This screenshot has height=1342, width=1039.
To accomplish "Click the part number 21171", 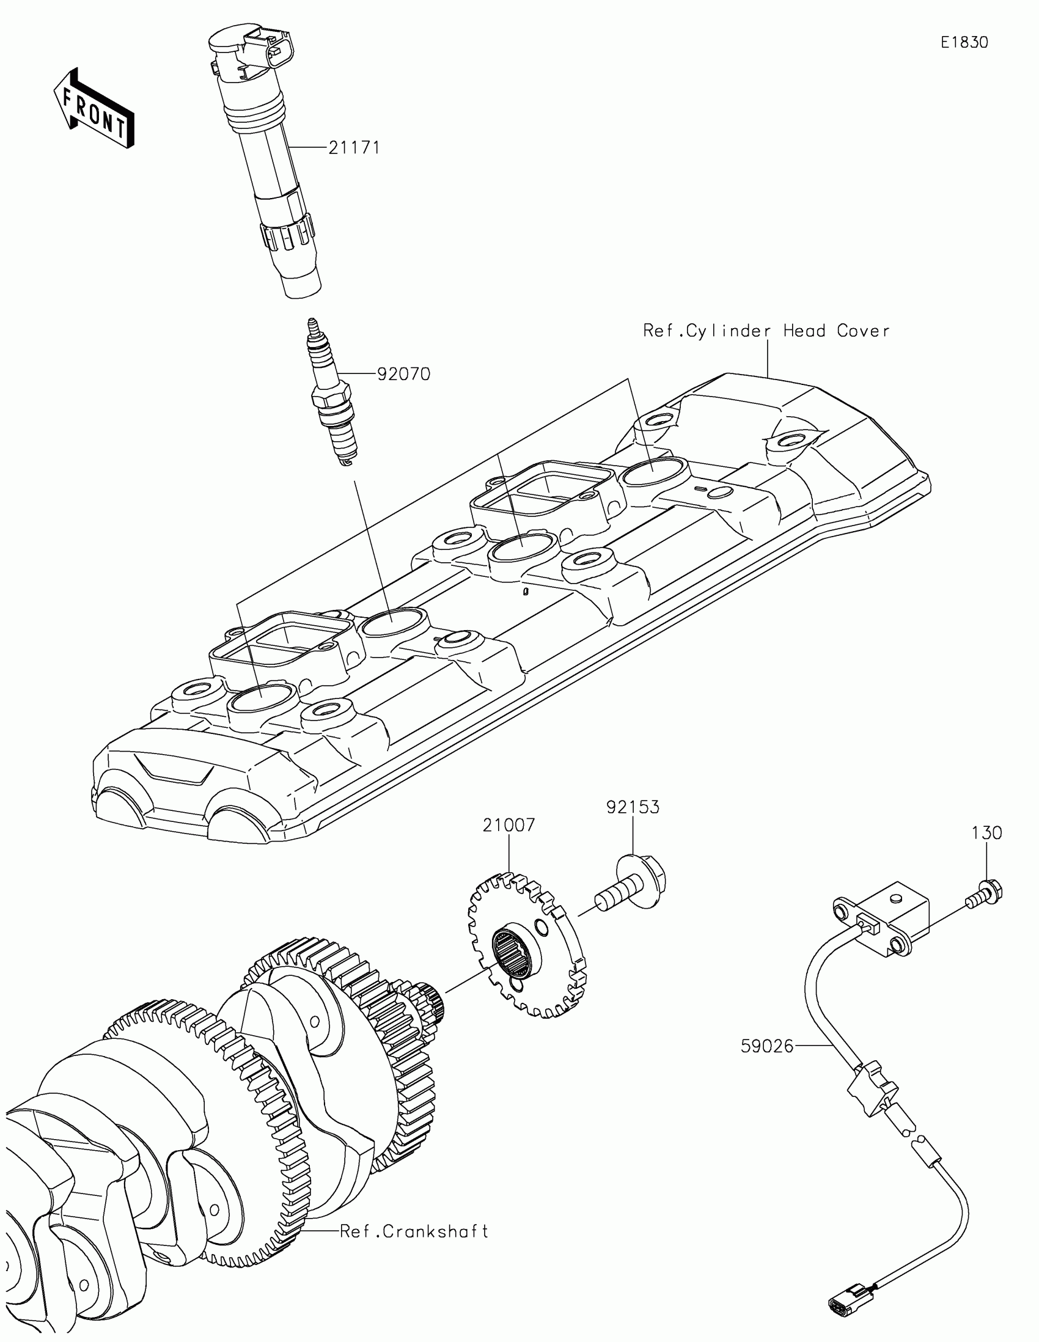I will pyautogui.click(x=354, y=148).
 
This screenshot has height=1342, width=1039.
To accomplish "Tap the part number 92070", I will pyautogui.click(x=403, y=373).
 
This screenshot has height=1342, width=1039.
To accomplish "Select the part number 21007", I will pyautogui.click(x=508, y=824).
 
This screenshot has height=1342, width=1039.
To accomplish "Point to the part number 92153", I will pyautogui.click(x=633, y=807).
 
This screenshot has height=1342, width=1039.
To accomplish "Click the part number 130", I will pyautogui.click(x=987, y=832).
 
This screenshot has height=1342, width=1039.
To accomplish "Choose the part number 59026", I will pyautogui.click(x=768, y=1046).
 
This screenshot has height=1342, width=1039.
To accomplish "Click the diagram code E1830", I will pyautogui.click(x=964, y=42).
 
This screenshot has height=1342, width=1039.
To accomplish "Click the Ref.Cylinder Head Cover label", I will pyautogui.click(x=766, y=331).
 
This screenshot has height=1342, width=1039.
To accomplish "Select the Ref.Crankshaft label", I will pyautogui.click(x=414, y=1231).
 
